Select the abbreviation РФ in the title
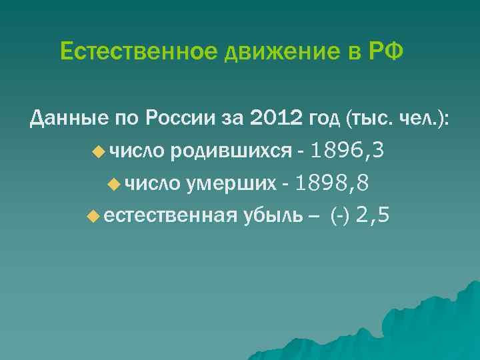(386, 51)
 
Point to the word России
(184, 119)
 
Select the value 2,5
(373, 215)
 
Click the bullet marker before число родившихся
(99, 152)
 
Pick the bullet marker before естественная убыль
(93, 216)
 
